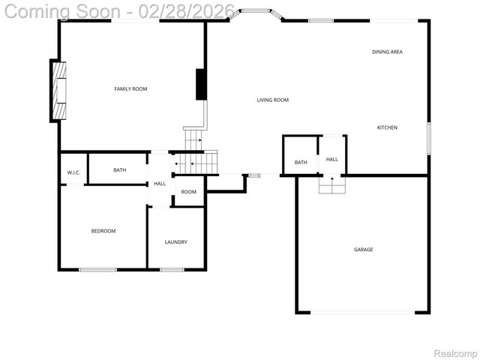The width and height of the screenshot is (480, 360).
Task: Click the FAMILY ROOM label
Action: tap(130, 89)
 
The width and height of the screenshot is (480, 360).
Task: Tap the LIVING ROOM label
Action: tap(272, 100)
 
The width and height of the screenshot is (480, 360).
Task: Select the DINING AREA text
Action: tap(387, 52)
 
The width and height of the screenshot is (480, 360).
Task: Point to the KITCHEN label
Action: tap(387, 127)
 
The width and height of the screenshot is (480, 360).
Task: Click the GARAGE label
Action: tap(363, 250)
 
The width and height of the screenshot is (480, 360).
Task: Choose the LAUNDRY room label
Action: tap(176, 242)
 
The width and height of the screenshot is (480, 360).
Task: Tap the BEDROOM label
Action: tap(103, 231)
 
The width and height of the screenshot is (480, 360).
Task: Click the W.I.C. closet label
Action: tap(73, 173)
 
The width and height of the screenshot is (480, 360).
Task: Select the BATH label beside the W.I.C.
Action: tap(120, 170)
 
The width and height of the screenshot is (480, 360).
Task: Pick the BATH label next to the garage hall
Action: tap(301, 163)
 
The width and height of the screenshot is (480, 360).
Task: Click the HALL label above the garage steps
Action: tap(331, 159)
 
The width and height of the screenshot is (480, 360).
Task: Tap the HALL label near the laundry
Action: tap(160, 184)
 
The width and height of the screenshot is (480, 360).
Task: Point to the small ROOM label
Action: tap(189, 192)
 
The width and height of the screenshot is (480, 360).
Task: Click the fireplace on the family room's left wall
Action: tap(58, 90)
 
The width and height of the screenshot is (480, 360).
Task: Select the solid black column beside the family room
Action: tap(201, 84)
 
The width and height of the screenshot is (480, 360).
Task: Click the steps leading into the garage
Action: tap(331, 184)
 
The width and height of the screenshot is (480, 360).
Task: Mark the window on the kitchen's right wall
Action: tap(428, 139)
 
